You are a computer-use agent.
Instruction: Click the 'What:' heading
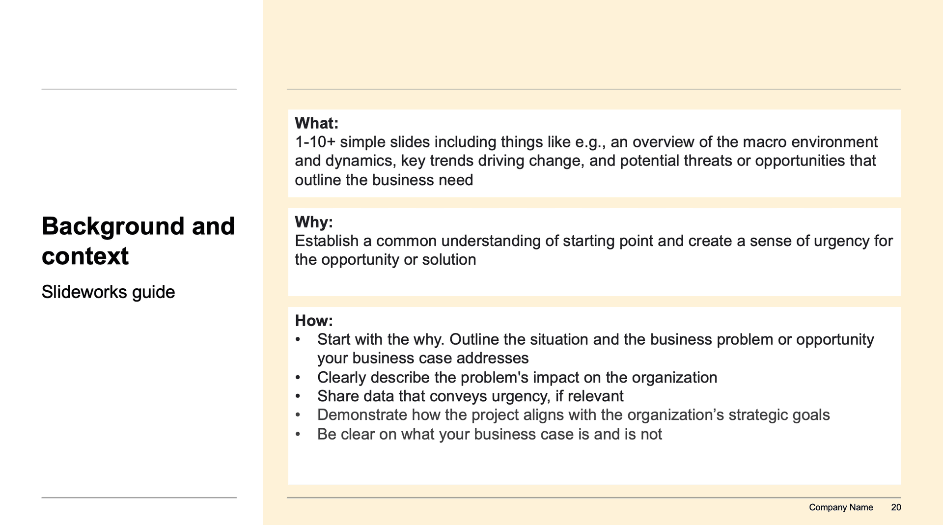[316, 123]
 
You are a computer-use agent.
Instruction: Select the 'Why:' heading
[314, 222]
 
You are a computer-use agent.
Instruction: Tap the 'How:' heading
[314, 321]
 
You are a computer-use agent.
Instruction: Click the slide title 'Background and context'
[138, 241]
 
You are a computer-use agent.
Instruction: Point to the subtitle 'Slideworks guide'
[108, 292]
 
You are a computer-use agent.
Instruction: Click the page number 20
[896, 507]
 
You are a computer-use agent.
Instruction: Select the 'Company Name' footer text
[841, 507]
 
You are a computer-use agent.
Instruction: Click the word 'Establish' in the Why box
[327, 241]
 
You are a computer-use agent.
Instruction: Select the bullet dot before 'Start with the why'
[298, 339]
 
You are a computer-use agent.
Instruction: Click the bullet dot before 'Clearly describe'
[298, 378]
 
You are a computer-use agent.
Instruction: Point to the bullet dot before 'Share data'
[298, 396]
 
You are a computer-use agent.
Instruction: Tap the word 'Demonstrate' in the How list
[362, 415]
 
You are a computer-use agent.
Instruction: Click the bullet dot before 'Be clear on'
[298, 434]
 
